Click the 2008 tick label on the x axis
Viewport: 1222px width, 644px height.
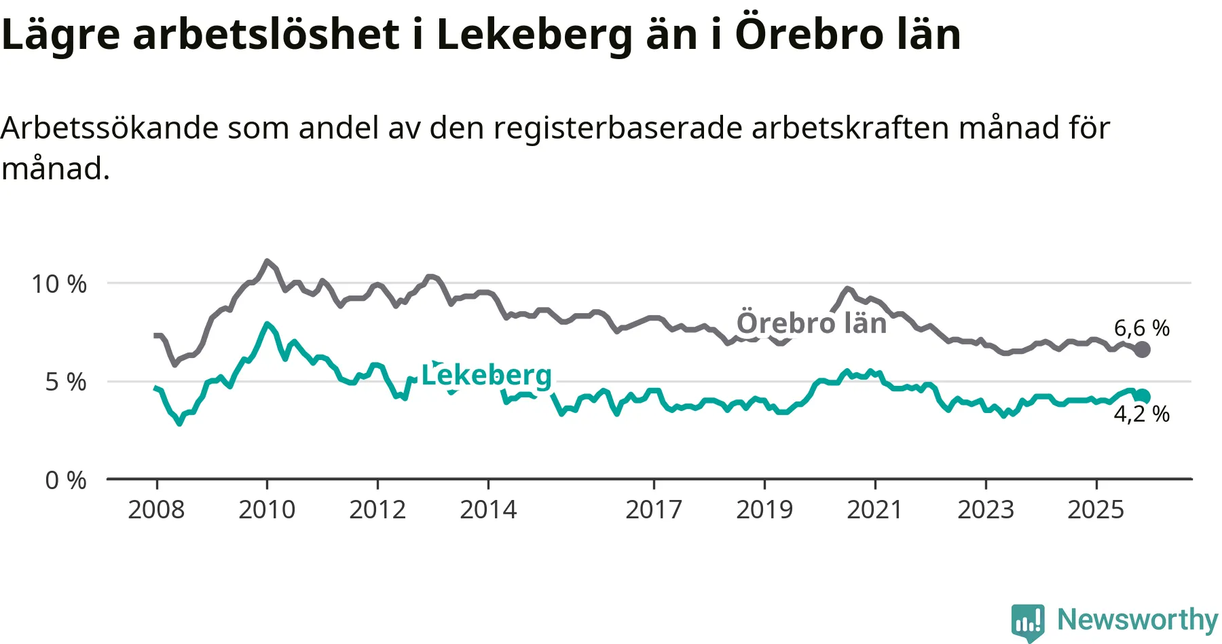tap(156, 509)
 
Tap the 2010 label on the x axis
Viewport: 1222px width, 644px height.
tap(267, 509)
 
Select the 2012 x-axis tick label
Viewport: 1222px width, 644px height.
tap(377, 509)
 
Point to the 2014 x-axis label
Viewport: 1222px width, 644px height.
tap(488, 509)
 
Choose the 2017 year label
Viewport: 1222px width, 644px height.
tap(654, 509)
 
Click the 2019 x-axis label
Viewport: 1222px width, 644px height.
tap(764, 509)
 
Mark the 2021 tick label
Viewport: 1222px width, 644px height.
tap(874, 509)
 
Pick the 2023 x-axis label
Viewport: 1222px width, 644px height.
tap(986, 509)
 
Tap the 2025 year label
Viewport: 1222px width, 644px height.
tap(1096, 509)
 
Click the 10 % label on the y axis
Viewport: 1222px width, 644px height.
tap(59, 284)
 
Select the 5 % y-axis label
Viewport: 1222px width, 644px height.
tap(66, 382)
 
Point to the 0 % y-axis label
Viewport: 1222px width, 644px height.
tap(66, 481)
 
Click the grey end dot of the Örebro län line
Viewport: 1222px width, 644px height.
tap(1143, 350)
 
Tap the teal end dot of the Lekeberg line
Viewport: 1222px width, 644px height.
tap(1143, 397)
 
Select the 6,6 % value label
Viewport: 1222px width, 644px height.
tap(1142, 328)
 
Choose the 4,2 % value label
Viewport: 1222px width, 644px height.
tap(1142, 414)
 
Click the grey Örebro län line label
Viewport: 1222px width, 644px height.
tap(812, 323)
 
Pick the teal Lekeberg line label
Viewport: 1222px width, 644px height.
tap(487, 375)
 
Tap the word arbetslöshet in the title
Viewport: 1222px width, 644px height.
tap(266, 34)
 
